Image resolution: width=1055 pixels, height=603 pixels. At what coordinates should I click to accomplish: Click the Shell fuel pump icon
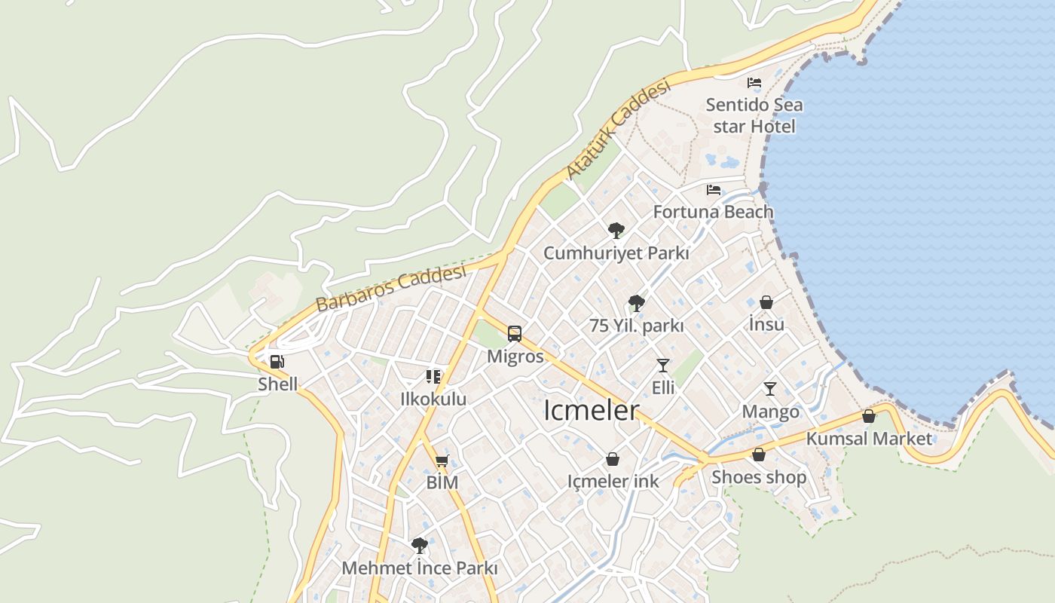(x=277, y=362)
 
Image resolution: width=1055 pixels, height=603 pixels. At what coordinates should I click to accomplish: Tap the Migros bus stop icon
(x=515, y=334)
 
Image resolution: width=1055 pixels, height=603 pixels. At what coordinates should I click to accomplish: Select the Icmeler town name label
(x=592, y=411)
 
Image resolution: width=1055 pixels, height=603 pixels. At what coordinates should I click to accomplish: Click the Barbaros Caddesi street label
(x=392, y=289)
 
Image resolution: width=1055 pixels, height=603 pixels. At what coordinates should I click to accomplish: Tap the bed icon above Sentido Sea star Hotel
(x=754, y=83)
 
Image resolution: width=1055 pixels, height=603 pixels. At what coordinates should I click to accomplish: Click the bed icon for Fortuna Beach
(x=714, y=190)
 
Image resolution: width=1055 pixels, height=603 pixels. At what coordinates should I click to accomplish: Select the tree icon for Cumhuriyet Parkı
(x=616, y=231)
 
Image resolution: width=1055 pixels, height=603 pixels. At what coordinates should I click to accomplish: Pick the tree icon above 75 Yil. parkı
(x=637, y=304)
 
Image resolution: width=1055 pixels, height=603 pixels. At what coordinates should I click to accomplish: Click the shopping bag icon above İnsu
(x=766, y=302)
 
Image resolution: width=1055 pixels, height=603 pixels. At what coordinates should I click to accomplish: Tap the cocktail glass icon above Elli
(x=663, y=366)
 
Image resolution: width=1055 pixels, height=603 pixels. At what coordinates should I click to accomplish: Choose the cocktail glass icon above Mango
(x=770, y=389)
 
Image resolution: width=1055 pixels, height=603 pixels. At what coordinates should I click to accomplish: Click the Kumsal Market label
(x=869, y=438)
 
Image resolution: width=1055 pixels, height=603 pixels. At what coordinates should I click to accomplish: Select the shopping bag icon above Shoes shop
(x=759, y=455)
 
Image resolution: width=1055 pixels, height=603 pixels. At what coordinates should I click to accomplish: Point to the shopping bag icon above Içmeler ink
(x=613, y=459)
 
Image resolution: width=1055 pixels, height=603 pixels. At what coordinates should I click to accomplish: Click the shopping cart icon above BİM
(x=442, y=461)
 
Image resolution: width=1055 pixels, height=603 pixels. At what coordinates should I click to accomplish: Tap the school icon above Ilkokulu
(x=433, y=376)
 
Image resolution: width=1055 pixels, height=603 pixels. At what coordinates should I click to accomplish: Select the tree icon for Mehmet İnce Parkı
(x=420, y=546)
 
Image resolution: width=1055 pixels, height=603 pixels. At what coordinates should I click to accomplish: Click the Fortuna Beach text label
(x=713, y=212)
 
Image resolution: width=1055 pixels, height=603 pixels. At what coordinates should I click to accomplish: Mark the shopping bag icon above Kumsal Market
(x=869, y=416)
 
